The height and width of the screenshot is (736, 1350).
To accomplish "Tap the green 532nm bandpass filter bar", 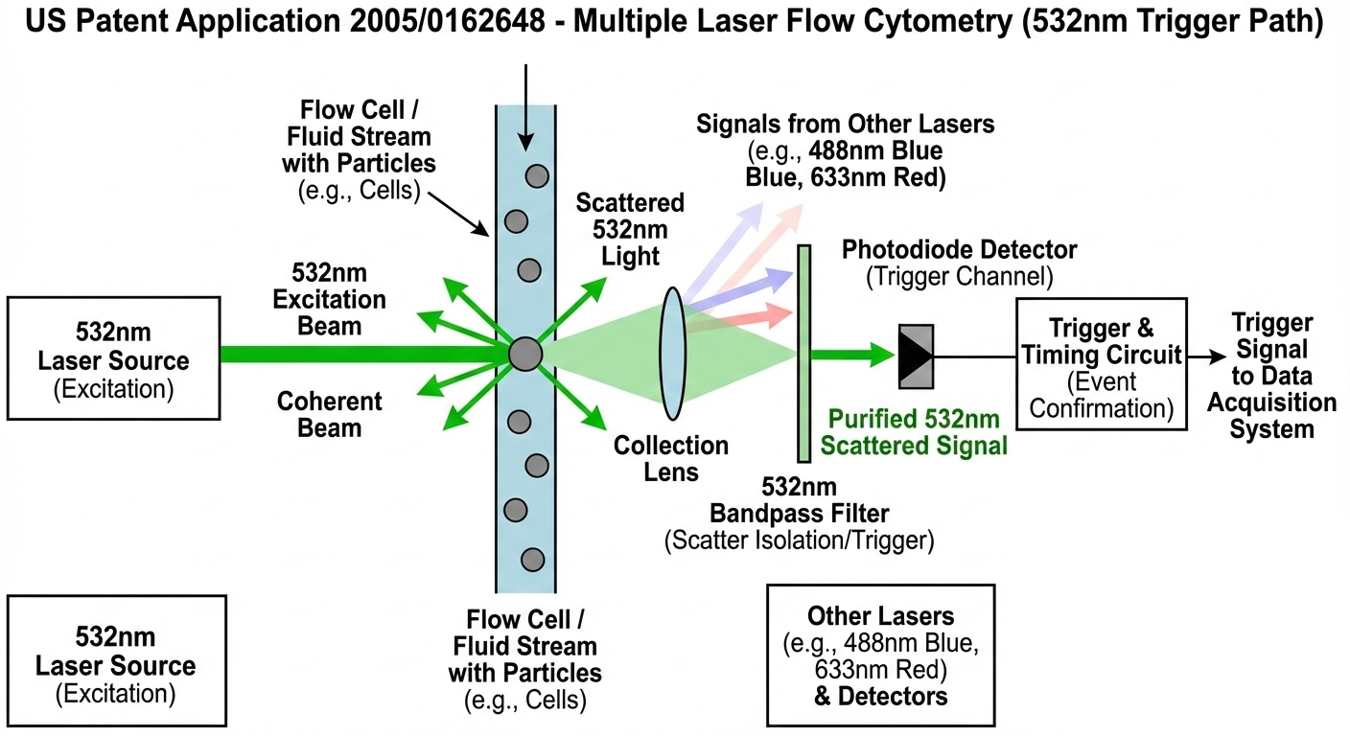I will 804,353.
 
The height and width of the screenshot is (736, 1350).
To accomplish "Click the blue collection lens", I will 673,355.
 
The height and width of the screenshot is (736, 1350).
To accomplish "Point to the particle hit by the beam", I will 525,354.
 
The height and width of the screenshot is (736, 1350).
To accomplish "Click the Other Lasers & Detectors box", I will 880,655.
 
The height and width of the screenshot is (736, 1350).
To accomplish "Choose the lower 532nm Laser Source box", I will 115,665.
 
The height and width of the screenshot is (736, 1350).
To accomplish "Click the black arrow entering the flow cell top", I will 525,105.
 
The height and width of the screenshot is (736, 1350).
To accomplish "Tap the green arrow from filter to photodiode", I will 853,355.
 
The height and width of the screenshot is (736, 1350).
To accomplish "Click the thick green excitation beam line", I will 364,354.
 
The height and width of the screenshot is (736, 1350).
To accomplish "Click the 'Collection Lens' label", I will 671,458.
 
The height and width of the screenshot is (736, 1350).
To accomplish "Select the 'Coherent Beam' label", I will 329,414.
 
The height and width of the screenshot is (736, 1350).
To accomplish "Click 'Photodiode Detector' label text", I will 959,250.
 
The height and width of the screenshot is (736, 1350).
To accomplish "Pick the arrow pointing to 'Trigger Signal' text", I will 1206,355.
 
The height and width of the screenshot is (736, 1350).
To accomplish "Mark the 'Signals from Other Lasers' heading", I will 845,124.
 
